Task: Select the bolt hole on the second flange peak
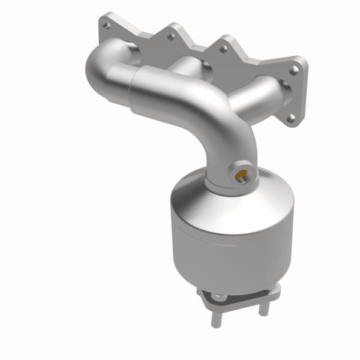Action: pos(170,37)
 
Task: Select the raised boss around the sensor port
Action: pos(242,171)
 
